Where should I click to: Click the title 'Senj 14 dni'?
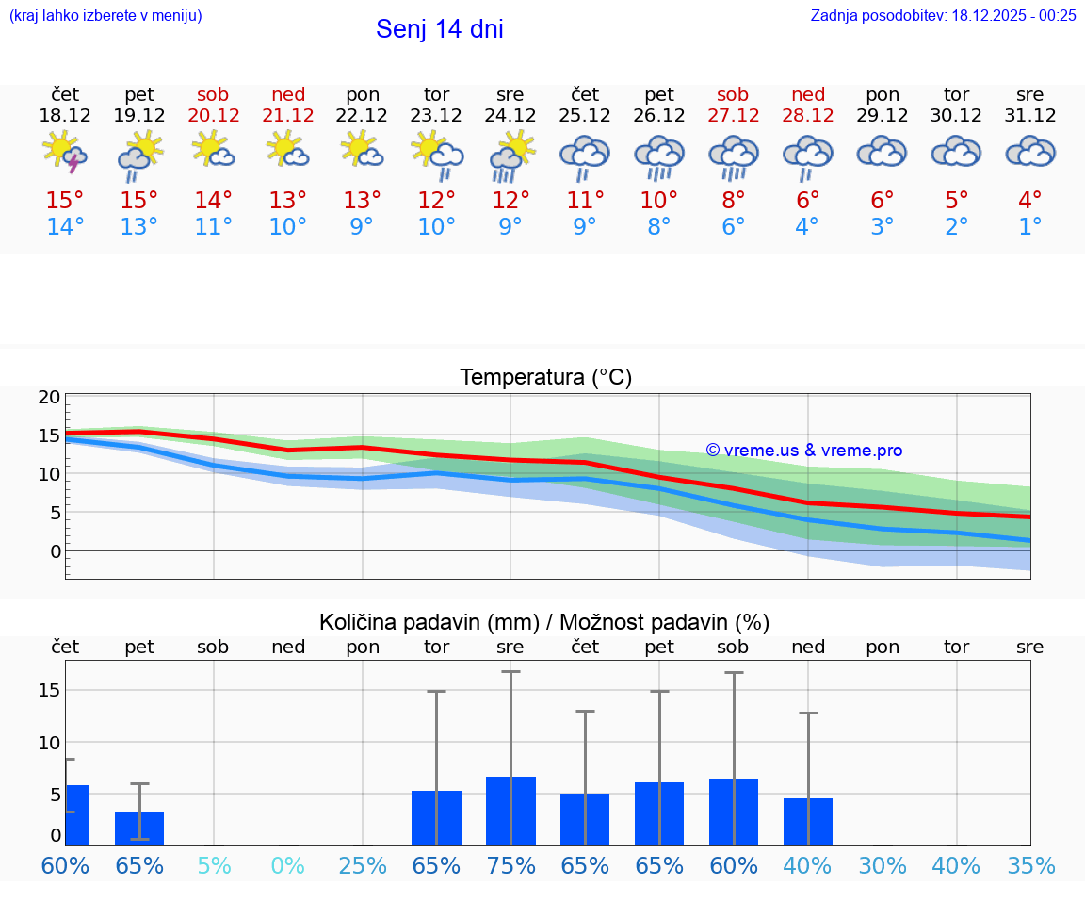[x=439, y=29]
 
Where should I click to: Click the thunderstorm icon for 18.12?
[x=65, y=153]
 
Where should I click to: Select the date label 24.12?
[x=510, y=116]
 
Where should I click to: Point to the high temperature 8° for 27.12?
[x=733, y=201]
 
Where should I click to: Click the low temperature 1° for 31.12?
[x=1030, y=227]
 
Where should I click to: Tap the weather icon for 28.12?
[x=807, y=156]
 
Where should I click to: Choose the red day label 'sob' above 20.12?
[x=213, y=94]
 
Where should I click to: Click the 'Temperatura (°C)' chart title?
[x=545, y=378]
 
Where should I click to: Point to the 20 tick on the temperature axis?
[x=49, y=397]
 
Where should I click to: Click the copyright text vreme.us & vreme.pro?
[x=803, y=451]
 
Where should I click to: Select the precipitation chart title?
[x=544, y=622]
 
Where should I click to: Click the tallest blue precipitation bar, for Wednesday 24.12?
[x=510, y=811]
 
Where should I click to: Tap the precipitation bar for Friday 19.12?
[x=139, y=828]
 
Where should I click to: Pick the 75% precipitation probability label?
[x=510, y=866]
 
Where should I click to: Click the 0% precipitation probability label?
[x=288, y=866]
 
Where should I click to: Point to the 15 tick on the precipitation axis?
[x=49, y=690]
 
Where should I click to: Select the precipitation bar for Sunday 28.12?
[x=807, y=822]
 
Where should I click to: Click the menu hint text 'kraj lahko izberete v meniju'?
[x=105, y=15]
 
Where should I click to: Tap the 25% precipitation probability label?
[x=363, y=866]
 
